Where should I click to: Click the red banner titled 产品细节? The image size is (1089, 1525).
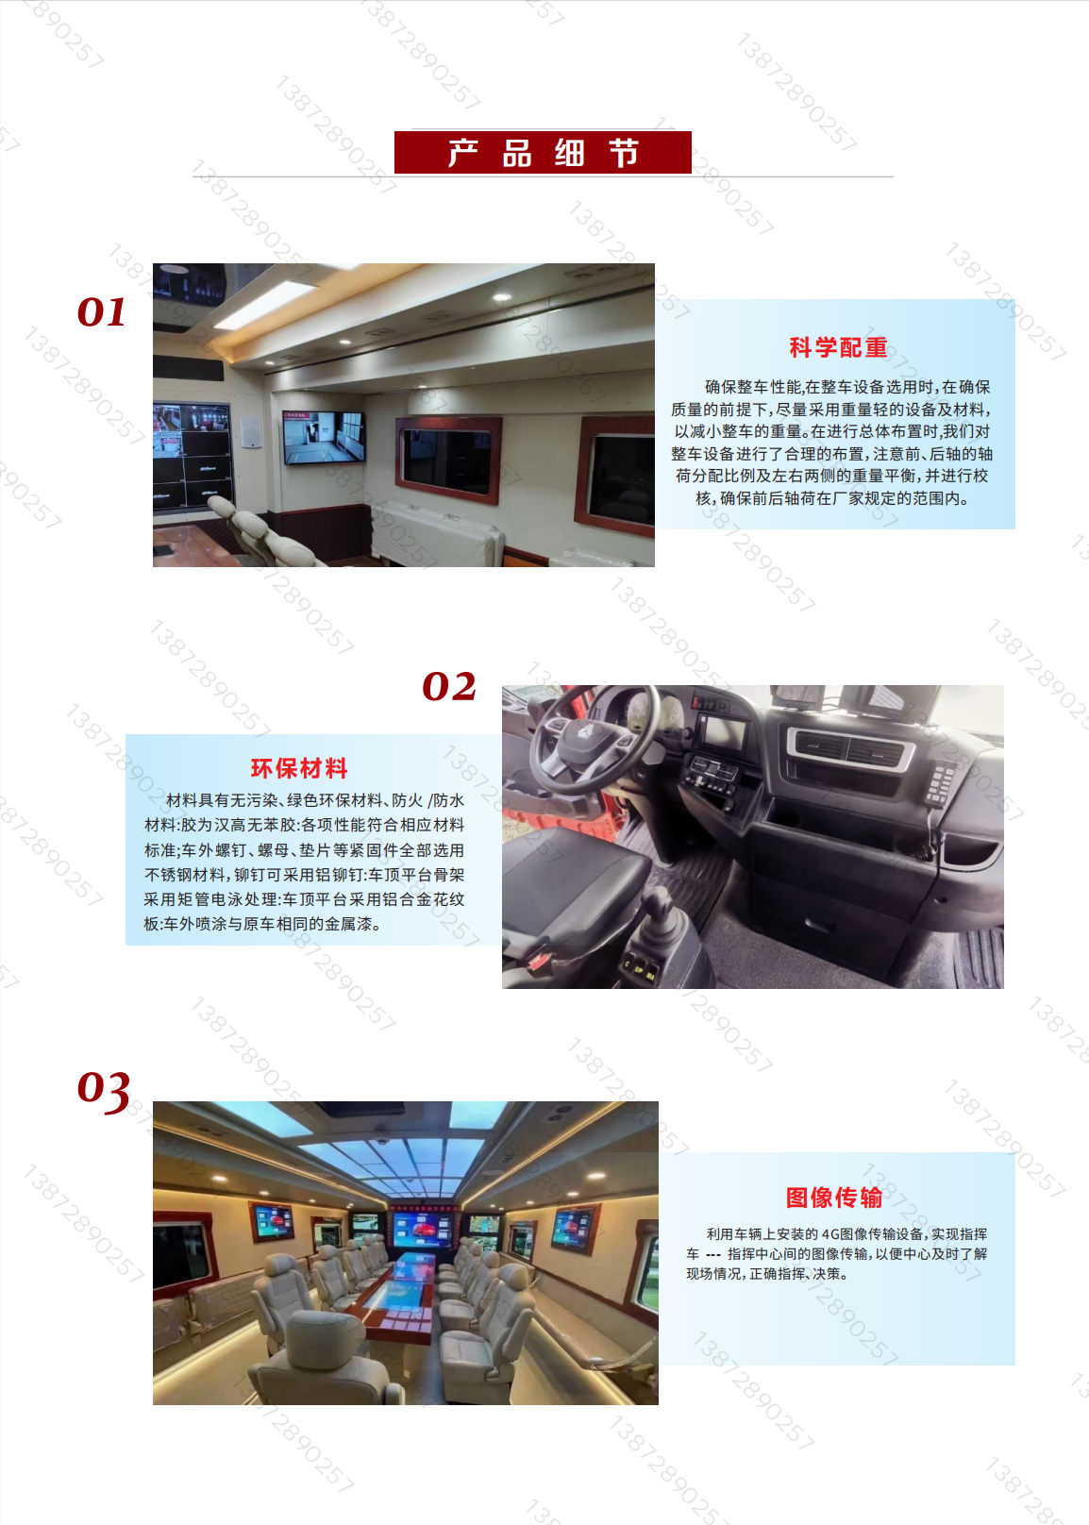(x=543, y=152)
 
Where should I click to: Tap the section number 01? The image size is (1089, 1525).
(x=102, y=312)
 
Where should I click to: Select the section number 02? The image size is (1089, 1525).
(x=449, y=686)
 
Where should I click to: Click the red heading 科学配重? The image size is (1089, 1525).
(x=838, y=347)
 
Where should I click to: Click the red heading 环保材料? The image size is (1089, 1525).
(x=299, y=768)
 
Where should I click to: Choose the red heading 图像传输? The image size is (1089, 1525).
(x=834, y=1198)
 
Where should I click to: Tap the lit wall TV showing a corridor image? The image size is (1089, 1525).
(x=324, y=436)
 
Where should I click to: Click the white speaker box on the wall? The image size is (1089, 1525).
(x=250, y=431)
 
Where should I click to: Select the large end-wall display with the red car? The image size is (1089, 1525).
(x=423, y=1230)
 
